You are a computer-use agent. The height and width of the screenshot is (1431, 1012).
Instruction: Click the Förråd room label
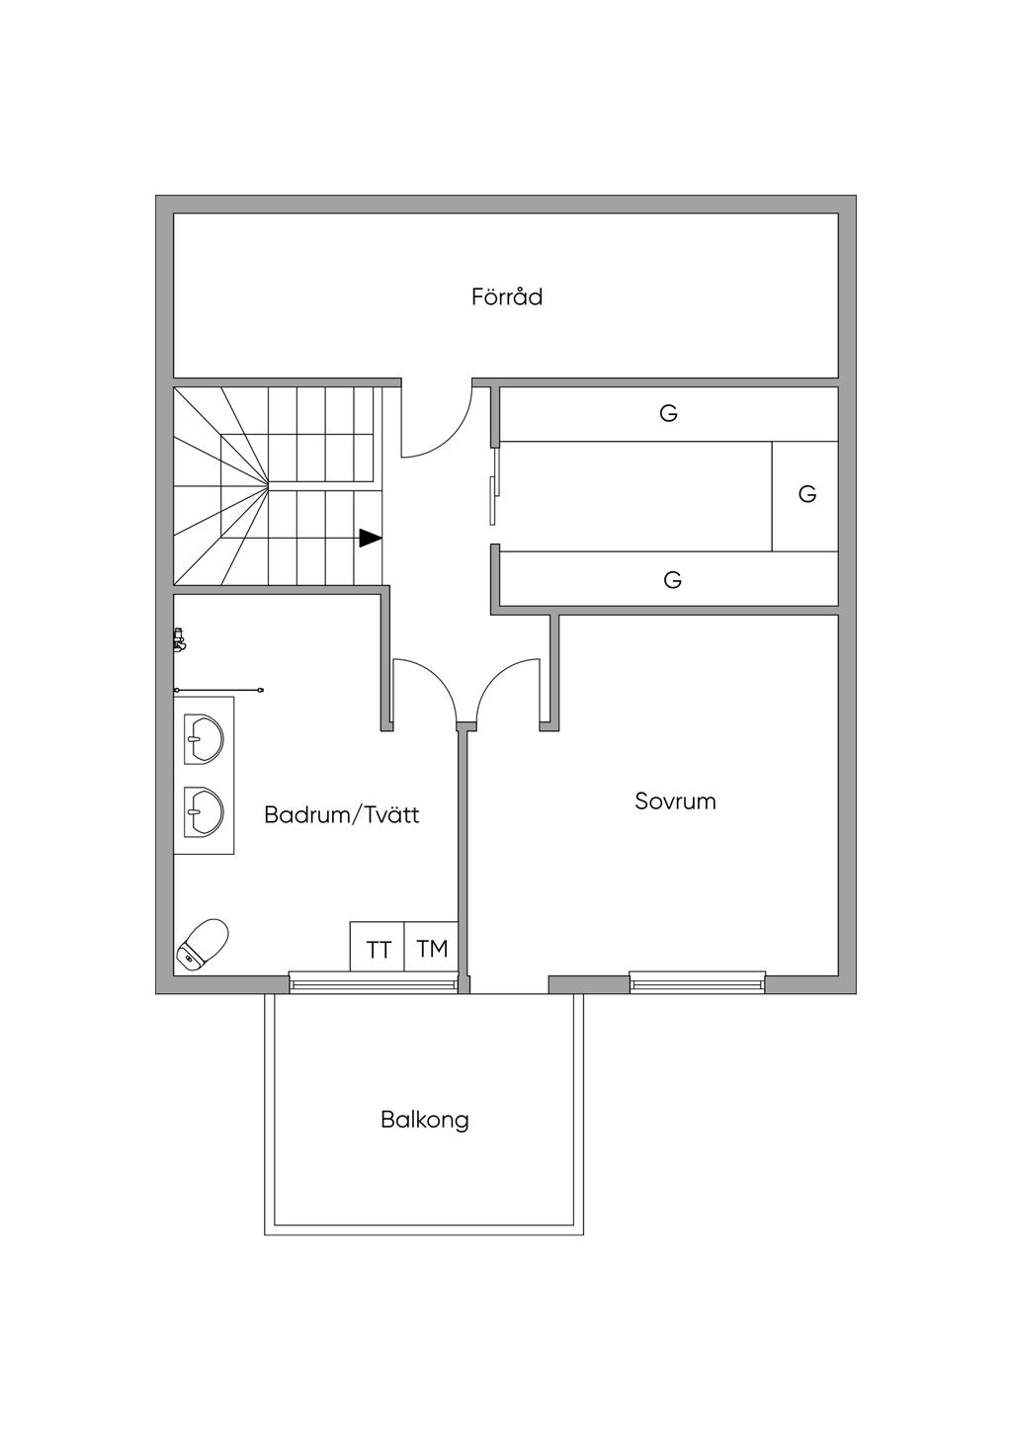coord(507,297)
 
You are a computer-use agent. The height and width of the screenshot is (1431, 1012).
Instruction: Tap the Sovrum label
coord(675,801)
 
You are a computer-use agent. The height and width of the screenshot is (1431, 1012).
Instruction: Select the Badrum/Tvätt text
coord(342,815)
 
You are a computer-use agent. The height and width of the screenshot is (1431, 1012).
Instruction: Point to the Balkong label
coord(425,1121)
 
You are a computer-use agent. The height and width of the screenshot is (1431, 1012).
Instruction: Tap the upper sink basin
coord(204,739)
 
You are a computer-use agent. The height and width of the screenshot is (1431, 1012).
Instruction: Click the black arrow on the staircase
coord(371,538)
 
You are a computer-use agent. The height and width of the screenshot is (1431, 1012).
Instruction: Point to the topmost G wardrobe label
coord(668,413)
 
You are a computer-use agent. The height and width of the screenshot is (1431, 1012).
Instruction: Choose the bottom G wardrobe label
coord(672,579)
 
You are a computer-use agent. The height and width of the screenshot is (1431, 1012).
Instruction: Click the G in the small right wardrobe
coord(806,494)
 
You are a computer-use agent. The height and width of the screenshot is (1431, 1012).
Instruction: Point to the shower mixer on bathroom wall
coord(180,639)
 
